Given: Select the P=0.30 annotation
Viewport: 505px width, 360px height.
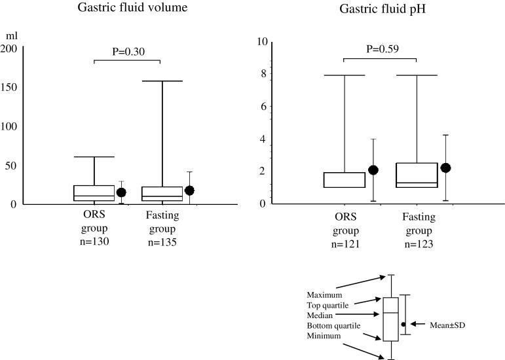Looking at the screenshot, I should pos(127,51).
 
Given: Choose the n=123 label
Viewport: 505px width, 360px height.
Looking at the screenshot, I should pos(417,242).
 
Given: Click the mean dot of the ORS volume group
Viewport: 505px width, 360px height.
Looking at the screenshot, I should pos(121,192).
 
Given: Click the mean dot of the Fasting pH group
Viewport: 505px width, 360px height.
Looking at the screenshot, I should pos(446,168).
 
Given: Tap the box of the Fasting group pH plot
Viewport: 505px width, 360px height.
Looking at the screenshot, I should pos(417,175).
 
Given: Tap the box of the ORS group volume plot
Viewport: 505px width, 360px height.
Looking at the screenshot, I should pos(95,193).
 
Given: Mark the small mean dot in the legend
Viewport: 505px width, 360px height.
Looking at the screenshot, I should pos(404,324).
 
